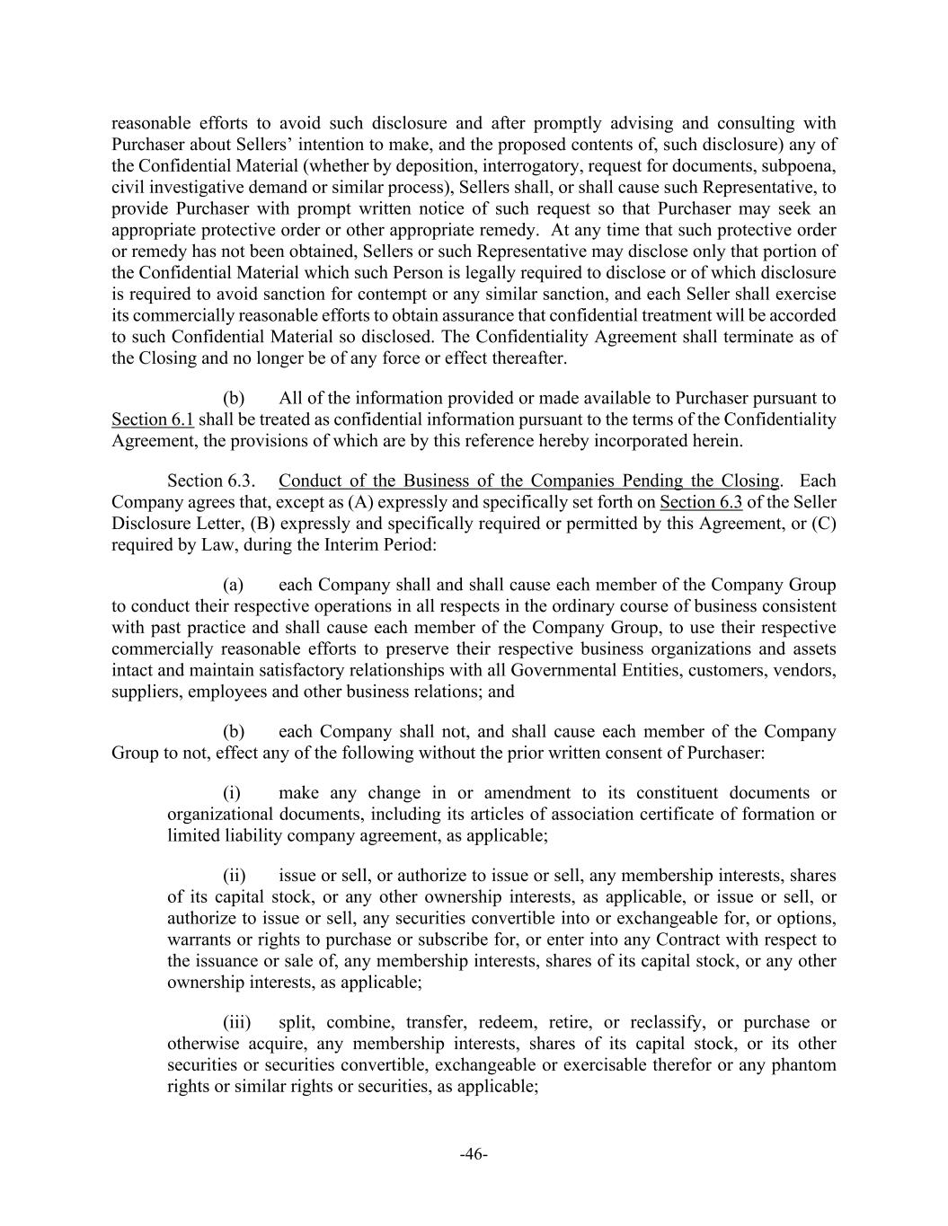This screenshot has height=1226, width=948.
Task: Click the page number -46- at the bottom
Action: coord(474,1154)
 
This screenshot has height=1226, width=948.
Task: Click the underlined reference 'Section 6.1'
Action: coord(152,419)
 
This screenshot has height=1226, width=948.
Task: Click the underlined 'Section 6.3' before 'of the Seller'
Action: coord(700,502)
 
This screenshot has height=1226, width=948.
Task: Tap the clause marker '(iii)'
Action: coord(238,1022)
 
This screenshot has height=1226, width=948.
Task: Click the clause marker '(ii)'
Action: coord(235,875)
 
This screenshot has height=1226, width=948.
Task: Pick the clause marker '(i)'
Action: coord(233,792)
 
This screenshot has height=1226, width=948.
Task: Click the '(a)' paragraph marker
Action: coord(234,585)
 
